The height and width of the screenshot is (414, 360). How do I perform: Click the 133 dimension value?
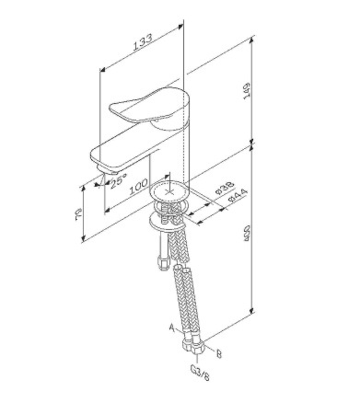(x=141, y=45)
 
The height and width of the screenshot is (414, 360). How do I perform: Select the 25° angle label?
(x=118, y=182)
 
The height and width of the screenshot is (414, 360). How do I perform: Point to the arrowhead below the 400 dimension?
(x=250, y=313)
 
